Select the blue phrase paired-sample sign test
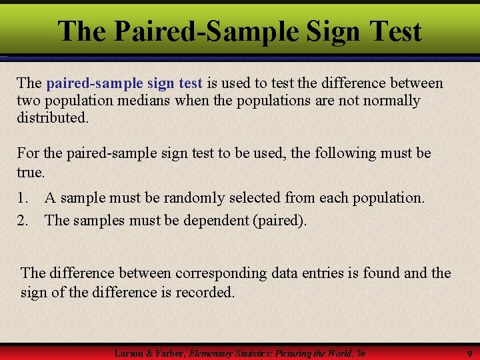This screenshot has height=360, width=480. tap(124, 83)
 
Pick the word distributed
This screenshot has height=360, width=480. tap(52, 117)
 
